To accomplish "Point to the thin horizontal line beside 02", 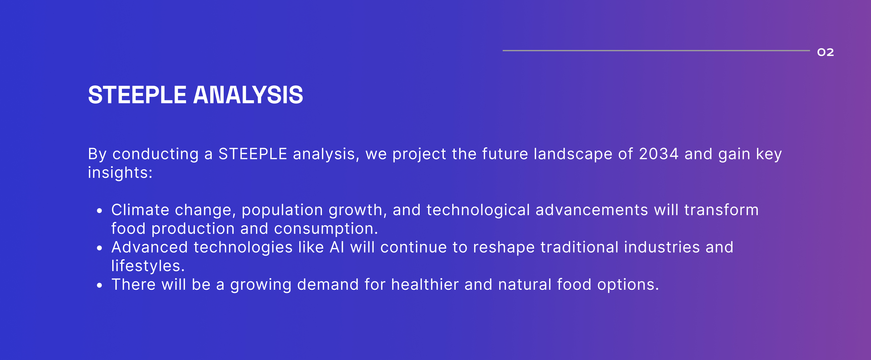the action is (x=656, y=50).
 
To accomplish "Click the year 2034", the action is (x=659, y=154).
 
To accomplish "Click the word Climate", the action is (x=140, y=210).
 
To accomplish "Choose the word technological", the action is (x=478, y=211).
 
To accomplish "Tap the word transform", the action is (x=722, y=210).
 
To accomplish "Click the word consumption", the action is (x=326, y=229).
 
